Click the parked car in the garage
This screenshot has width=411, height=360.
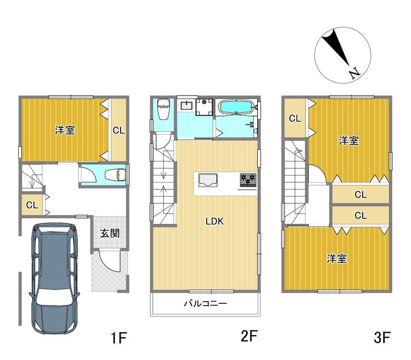tap(54, 278)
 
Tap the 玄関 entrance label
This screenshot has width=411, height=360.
tap(110, 233)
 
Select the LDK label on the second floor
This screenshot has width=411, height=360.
tap(215, 221)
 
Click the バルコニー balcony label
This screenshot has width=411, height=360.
tap(205, 304)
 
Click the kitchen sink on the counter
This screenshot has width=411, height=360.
tap(208, 180)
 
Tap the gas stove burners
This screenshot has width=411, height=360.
tap(248, 180)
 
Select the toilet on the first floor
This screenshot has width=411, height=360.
tap(116, 174)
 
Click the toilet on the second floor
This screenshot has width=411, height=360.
tap(163, 109)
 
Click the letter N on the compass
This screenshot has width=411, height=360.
tap(355, 73)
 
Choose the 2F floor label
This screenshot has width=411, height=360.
tap(249, 336)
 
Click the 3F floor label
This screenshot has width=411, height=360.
tap(383, 337)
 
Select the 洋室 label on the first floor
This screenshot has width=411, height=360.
tap(65, 130)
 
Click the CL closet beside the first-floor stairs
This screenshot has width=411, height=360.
tap(32, 205)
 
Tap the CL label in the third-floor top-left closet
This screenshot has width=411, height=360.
tap(295, 118)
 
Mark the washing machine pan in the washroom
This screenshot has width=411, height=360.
tap(204, 107)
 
